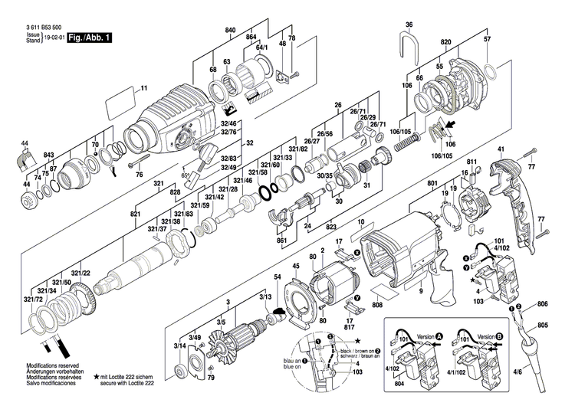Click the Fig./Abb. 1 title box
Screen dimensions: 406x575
point(89,37)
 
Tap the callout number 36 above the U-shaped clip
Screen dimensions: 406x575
point(409,24)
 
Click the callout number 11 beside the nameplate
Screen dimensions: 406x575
point(143,89)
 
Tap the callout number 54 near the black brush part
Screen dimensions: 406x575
point(278,277)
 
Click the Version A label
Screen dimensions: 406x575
point(418,336)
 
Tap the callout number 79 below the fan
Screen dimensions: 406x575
point(212,377)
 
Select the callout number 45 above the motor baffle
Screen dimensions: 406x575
point(296,266)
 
